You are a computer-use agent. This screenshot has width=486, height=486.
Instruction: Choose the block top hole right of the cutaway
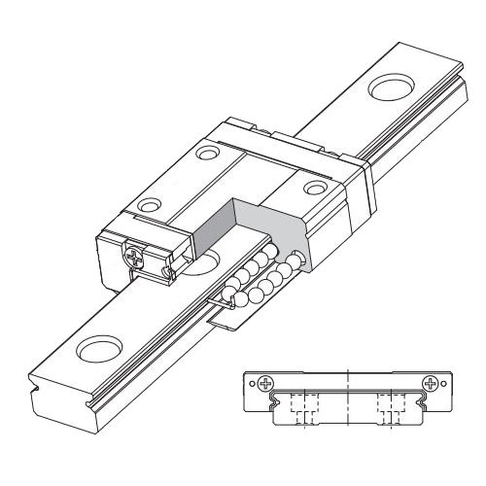click(x=314, y=189)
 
